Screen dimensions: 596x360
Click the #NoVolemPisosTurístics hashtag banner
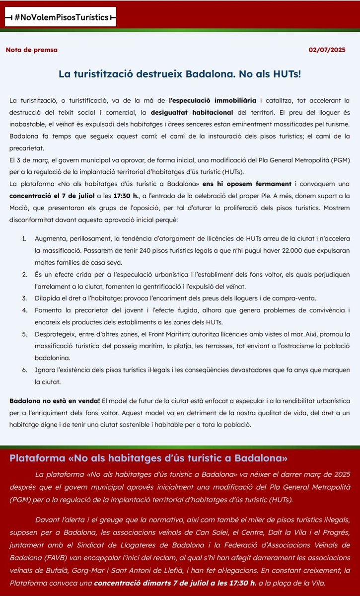pos(60,17)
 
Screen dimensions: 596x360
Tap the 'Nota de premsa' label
pos(31,50)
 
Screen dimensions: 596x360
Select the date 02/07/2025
pos(326,50)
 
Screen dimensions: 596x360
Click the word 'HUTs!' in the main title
pos(285,74)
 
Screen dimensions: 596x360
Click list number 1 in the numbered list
pos(24,239)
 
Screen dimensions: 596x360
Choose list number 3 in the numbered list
pos(24,298)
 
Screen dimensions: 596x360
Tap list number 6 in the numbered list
pos(24,370)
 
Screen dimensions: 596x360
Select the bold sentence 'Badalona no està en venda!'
pos(55,400)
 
